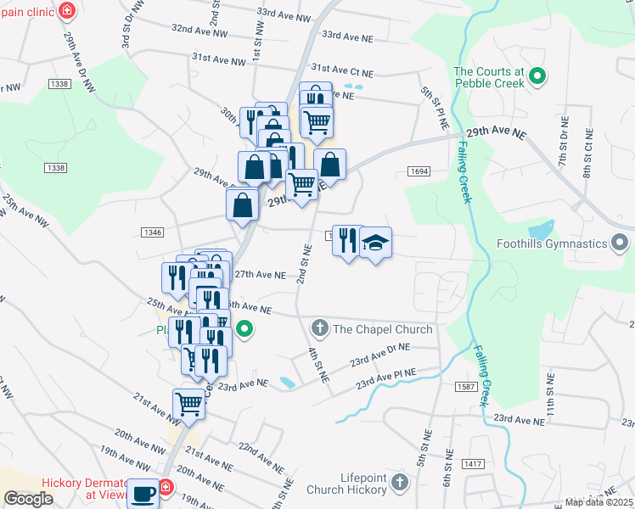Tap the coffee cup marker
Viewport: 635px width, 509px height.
[x=142, y=493]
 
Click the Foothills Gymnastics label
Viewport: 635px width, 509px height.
[x=554, y=243]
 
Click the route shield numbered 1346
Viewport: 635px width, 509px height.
[x=152, y=232]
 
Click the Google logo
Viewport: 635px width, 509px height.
[x=27, y=499]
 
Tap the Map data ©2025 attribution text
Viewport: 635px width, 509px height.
[x=598, y=502]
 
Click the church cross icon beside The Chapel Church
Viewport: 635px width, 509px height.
[x=320, y=328]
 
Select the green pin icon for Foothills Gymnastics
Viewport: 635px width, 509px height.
[x=622, y=243]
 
